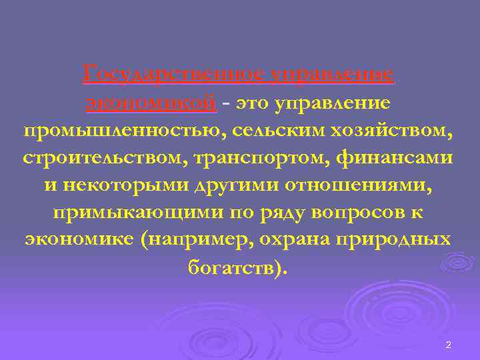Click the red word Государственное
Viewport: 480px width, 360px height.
(x=172, y=74)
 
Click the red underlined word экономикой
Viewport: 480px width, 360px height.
(x=151, y=103)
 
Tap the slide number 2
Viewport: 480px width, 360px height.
(x=448, y=345)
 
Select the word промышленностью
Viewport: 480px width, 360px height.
(x=124, y=130)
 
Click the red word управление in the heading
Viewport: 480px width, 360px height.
(x=332, y=74)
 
